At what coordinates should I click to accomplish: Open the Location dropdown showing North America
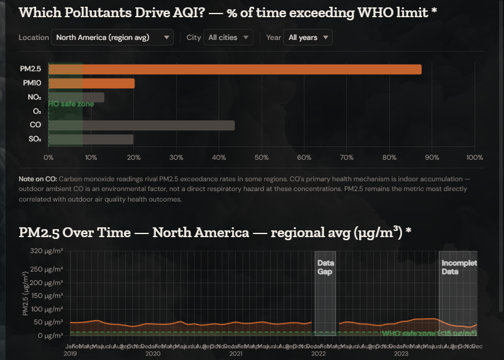(112, 37)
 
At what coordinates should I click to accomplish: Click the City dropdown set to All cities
(228, 37)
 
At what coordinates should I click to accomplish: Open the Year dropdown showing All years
(308, 37)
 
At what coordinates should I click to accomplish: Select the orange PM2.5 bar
(235, 69)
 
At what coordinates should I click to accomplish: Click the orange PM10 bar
(91, 84)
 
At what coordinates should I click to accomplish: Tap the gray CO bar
(141, 125)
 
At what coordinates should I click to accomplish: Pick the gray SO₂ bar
(91, 139)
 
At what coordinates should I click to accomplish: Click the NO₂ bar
(76, 98)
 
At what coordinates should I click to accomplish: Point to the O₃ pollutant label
(37, 112)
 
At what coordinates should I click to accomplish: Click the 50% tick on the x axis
(262, 158)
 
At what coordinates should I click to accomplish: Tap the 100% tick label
(474, 158)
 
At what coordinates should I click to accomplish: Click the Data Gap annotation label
(325, 267)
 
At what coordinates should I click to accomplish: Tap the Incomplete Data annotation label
(459, 267)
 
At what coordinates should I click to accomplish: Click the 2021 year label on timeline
(236, 354)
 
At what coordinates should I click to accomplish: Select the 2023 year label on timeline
(401, 354)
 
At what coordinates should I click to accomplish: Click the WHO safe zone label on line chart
(428, 333)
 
